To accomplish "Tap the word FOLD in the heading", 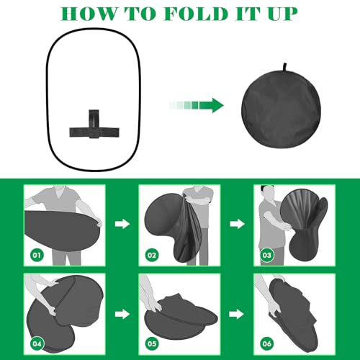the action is click(x=196, y=14).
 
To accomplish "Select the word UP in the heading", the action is click(x=282, y=14).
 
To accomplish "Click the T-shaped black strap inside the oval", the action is click(x=94, y=125).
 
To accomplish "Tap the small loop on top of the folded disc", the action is click(x=285, y=67).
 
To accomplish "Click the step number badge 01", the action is click(x=37, y=255).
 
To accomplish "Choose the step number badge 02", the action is click(x=152, y=255).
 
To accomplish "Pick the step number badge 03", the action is click(x=267, y=255).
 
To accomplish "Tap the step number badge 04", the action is click(x=37, y=343).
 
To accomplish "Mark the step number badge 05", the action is click(x=152, y=343).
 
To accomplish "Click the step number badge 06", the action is click(x=267, y=343).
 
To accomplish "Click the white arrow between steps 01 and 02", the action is click(x=122, y=224).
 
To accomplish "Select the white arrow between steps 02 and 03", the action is click(x=238, y=224).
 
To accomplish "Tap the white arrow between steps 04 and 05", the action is click(x=122, y=314).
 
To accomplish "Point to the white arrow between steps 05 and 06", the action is click(x=237, y=314).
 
